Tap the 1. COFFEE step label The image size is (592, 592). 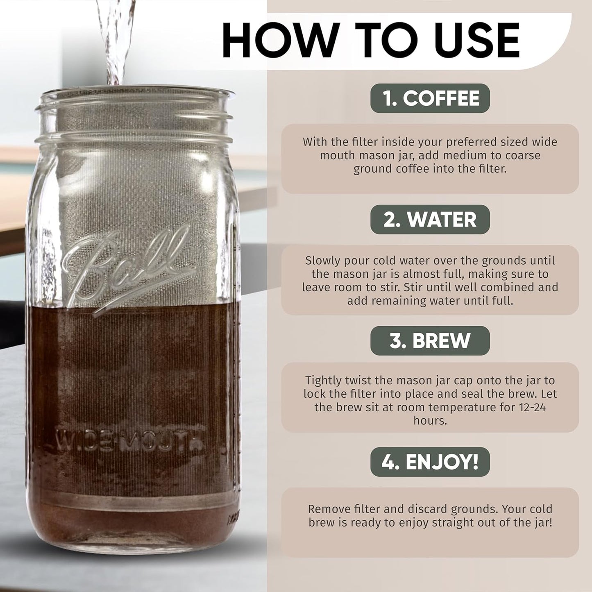point(430,98)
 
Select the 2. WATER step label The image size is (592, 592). point(430,220)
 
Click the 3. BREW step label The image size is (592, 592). point(430,341)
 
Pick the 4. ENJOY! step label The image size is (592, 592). point(430,462)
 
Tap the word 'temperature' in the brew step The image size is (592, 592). point(474,407)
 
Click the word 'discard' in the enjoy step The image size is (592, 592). point(426,509)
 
